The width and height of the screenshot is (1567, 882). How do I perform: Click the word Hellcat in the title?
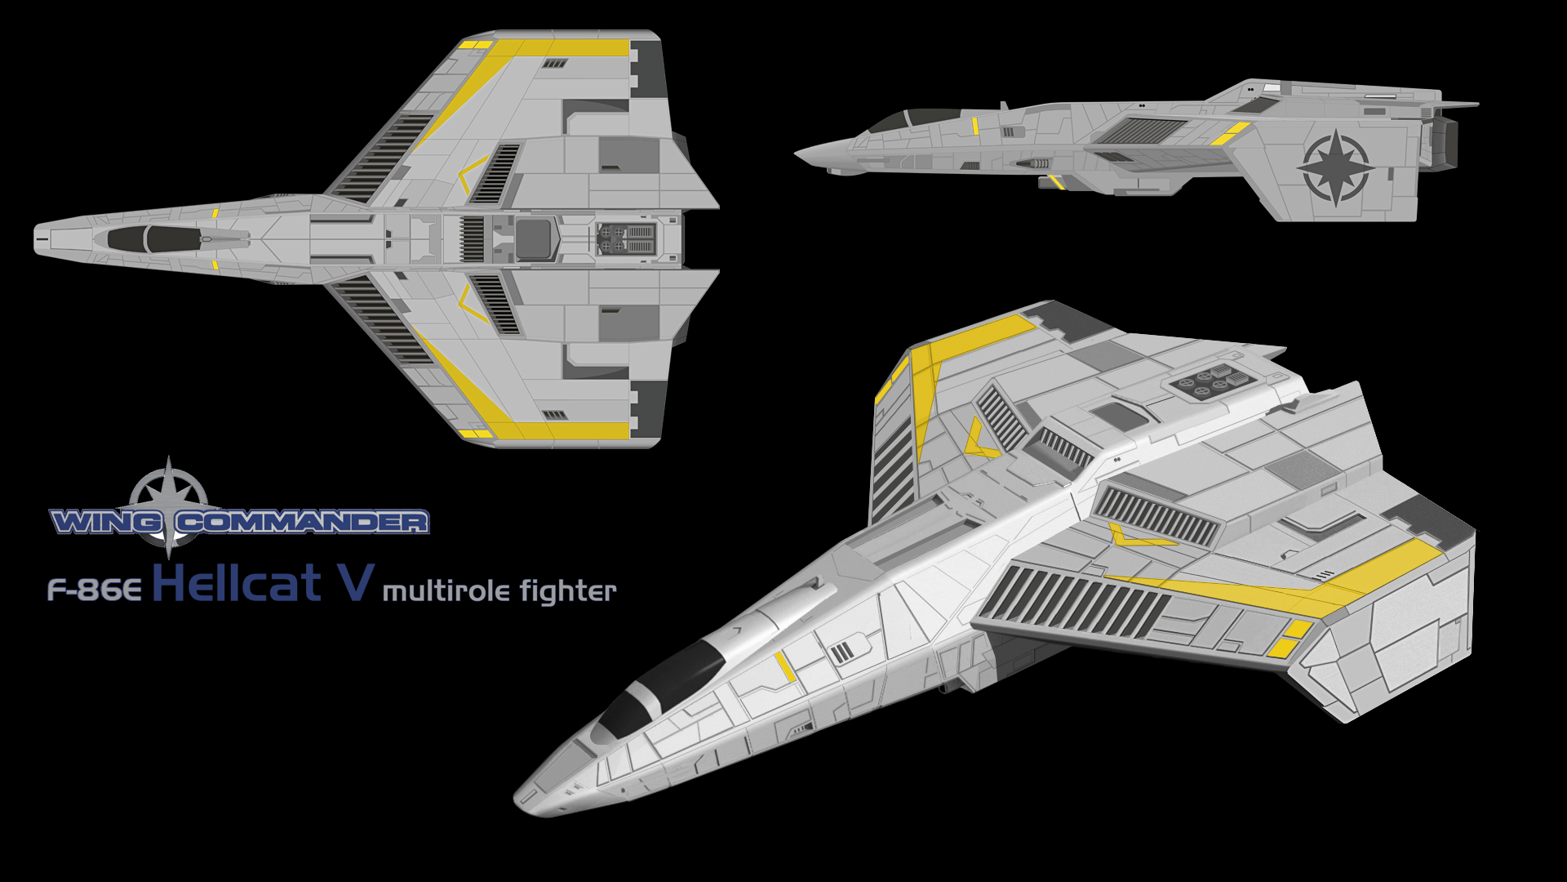237,584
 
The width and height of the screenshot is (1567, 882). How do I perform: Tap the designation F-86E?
95,590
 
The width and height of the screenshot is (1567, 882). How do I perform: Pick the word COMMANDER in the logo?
302,522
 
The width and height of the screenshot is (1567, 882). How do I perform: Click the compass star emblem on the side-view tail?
1333,168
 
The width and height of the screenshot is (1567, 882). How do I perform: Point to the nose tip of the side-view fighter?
798,153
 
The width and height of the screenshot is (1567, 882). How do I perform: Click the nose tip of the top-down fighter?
36,239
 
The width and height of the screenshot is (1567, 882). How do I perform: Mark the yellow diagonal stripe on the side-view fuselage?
1229,133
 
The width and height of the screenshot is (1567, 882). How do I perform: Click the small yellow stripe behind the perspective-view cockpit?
784,666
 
